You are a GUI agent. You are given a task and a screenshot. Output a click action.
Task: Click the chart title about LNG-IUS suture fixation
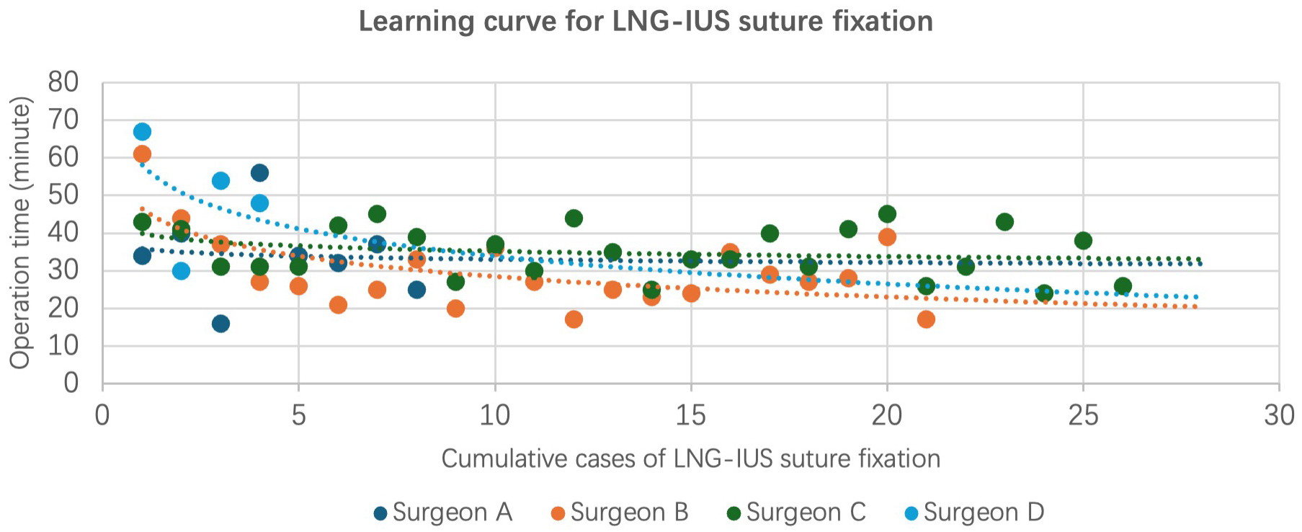(x=646, y=22)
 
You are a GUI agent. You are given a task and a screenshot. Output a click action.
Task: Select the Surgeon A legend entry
(x=443, y=513)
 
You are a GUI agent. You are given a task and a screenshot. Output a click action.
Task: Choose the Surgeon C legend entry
(x=796, y=513)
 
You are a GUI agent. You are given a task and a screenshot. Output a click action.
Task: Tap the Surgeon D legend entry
(x=973, y=513)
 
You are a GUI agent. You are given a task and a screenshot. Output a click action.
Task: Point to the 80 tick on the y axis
(x=63, y=83)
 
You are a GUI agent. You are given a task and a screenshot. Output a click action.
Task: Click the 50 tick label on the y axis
(x=63, y=195)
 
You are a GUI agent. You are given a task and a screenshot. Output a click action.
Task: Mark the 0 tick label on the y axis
(x=71, y=383)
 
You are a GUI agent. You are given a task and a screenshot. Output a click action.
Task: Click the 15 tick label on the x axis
(x=690, y=416)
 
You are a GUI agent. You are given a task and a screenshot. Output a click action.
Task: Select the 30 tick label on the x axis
(x=1279, y=416)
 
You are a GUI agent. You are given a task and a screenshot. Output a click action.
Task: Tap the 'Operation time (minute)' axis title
(x=20, y=232)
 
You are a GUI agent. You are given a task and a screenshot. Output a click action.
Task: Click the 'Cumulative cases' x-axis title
(x=690, y=459)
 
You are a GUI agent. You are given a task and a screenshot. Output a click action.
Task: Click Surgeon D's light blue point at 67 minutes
(x=142, y=132)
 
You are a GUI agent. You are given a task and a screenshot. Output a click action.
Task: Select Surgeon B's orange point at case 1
(x=142, y=154)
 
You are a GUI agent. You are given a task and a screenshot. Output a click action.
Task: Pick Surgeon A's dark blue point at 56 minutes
(x=259, y=173)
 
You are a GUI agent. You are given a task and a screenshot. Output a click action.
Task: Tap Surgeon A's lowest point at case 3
(x=220, y=324)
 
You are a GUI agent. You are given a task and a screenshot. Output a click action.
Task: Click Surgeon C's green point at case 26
(x=1122, y=286)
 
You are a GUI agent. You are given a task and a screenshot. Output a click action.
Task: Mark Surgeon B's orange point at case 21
(x=926, y=319)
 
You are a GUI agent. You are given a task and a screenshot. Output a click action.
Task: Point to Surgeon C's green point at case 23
(x=1004, y=222)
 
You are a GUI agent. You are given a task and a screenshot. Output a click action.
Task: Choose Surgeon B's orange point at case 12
(x=574, y=319)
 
